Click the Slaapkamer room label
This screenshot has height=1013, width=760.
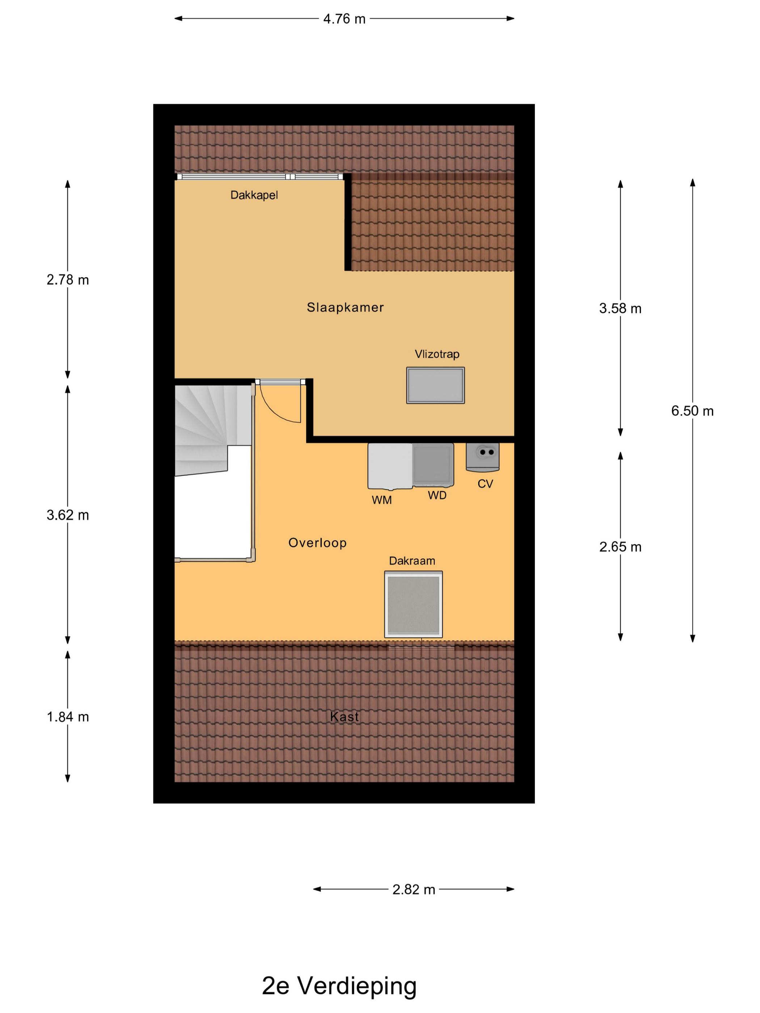pos(345,307)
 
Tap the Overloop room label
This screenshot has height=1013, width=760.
pos(317,543)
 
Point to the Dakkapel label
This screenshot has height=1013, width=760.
pos(254,195)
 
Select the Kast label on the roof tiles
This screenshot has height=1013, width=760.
pos(344,716)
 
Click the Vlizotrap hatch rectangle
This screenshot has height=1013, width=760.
pos(435,385)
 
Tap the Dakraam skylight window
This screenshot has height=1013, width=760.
pos(413,604)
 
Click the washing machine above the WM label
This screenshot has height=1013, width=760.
pos(390,466)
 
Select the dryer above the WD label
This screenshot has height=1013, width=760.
pos(433,465)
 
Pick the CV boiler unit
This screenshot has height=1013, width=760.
pos(482,457)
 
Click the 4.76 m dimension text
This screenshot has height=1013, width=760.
pos(344,19)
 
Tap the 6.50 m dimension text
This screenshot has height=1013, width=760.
pos(692,411)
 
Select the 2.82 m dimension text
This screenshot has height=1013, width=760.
pos(413,889)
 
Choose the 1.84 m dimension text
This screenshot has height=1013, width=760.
pos(68,717)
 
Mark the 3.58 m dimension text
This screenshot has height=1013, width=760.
pos(620,308)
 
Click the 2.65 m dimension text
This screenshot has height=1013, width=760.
pos(620,547)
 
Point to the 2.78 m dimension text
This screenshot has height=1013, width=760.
pos(68,280)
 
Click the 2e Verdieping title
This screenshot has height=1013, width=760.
pos(339,986)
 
